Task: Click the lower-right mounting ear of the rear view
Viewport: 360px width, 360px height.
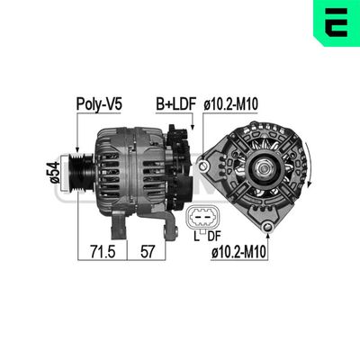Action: click(x=298, y=215)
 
